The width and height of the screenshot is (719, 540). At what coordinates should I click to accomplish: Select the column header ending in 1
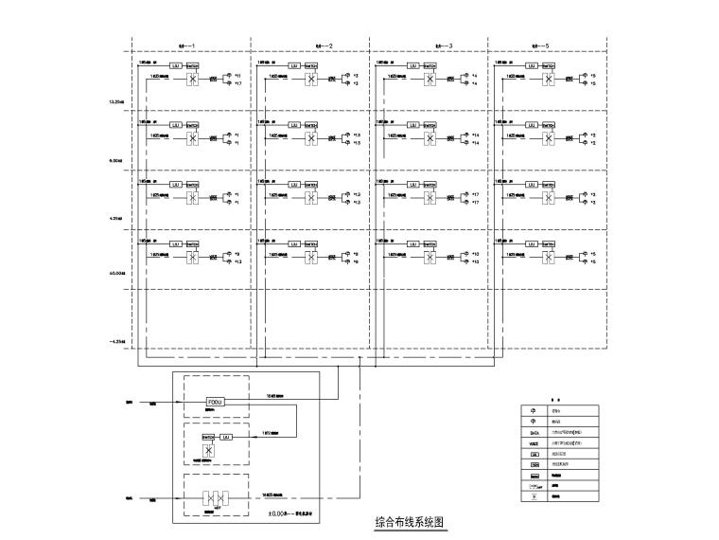click(181, 45)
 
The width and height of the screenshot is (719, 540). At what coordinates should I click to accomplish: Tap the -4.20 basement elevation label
click(119, 341)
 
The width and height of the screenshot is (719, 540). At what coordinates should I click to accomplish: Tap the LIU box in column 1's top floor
click(175, 64)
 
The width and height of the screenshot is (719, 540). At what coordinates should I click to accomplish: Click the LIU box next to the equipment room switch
click(225, 437)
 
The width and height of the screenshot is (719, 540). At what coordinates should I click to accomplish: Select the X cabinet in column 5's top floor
click(549, 81)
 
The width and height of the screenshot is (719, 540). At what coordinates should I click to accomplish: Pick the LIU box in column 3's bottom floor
click(412, 243)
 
